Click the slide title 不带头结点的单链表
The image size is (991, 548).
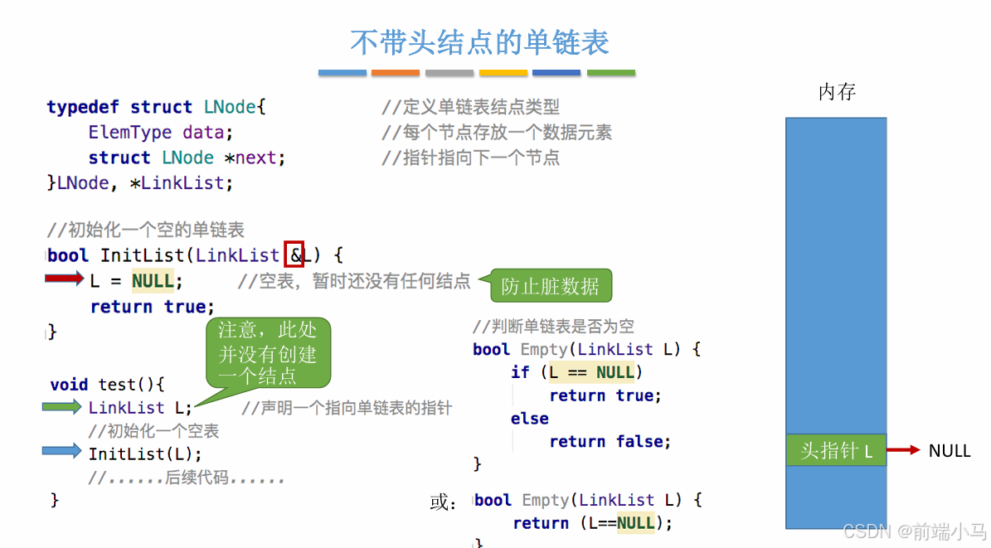pyautogui.click(x=479, y=41)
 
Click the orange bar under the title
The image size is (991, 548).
pyautogui.click(x=396, y=73)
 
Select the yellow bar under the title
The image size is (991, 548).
pyautogui.click(x=503, y=73)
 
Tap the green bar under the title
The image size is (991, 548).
pyautogui.click(x=611, y=73)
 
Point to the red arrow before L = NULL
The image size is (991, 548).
pyautogui.click(x=65, y=279)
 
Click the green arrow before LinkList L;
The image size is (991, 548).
pyautogui.click(x=63, y=407)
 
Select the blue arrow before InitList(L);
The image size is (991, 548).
pyautogui.click(x=63, y=452)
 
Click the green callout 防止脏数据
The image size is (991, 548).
pyautogui.click(x=550, y=287)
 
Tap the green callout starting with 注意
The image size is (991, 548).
pyautogui.click(x=267, y=353)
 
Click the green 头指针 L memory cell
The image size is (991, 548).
pyautogui.click(x=836, y=451)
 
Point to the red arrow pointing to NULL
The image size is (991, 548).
pyautogui.click(x=904, y=450)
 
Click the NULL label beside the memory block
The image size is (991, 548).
pyautogui.click(x=950, y=451)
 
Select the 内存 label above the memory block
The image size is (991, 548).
pyautogui.click(x=837, y=92)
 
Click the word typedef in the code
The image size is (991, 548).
pyautogui.click(x=83, y=107)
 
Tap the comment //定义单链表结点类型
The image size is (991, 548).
pyautogui.click(x=470, y=107)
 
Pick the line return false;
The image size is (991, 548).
pyautogui.click(x=610, y=442)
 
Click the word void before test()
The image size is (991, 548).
pyautogui.click(x=69, y=385)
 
